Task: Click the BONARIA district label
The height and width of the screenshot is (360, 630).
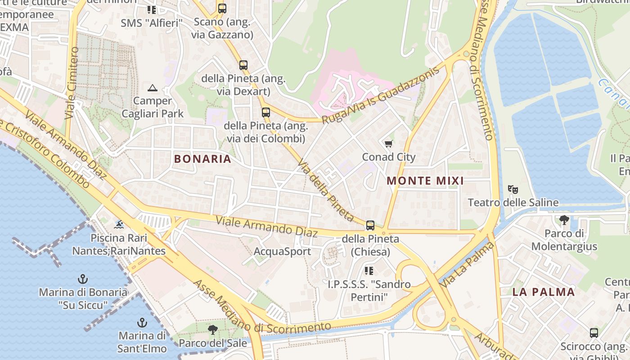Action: pos(202,159)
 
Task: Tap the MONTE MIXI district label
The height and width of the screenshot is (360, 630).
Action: pos(425,181)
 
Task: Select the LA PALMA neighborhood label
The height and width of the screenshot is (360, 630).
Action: pos(544,292)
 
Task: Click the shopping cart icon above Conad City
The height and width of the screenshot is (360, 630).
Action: pos(388,144)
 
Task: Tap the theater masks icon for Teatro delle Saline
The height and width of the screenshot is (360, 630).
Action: pos(513,189)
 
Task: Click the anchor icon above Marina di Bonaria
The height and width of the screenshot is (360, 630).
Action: pos(82,279)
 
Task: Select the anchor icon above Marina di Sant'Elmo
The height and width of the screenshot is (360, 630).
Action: pos(142,323)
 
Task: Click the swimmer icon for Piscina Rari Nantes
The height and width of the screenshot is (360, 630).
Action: pos(119,224)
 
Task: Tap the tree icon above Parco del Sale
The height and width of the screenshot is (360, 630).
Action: pos(213,330)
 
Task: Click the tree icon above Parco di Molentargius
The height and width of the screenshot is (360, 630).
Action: pos(564,220)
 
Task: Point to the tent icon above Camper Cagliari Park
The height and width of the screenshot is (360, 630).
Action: pos(153,87)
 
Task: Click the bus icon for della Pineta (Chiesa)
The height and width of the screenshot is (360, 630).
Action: pos(370,225)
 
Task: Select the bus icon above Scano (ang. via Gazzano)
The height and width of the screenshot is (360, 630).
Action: pos(222,8)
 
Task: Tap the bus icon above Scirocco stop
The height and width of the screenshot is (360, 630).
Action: pos(594,333)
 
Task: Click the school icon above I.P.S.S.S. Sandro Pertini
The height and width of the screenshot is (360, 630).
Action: pos(369,270)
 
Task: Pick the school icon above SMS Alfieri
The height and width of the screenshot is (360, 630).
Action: pos(152,9)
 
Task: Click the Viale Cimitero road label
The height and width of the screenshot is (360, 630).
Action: pos(72,83)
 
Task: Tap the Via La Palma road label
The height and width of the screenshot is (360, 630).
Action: pos(467,265)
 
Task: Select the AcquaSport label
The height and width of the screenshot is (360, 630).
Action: pos(282,251)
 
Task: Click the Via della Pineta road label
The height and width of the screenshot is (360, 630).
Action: pos(326,192)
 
